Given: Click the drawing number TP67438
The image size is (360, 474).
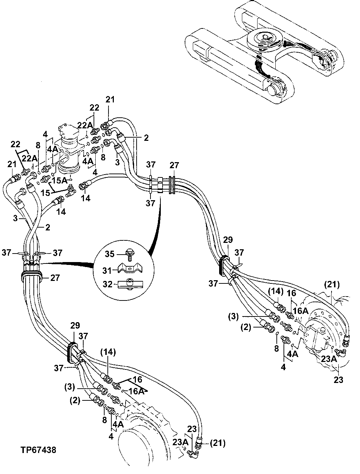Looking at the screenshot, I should (x=38, y=450).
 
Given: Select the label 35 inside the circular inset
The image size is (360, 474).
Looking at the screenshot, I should (x=110, y=254).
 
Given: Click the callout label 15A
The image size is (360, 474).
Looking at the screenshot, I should (x=59, y=180).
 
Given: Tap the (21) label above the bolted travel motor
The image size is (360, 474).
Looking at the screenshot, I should (x=332, y=284).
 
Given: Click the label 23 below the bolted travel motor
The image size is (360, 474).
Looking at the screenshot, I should (x=338, y=380).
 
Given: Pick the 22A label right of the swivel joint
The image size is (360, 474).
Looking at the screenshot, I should (x=84, y=126).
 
